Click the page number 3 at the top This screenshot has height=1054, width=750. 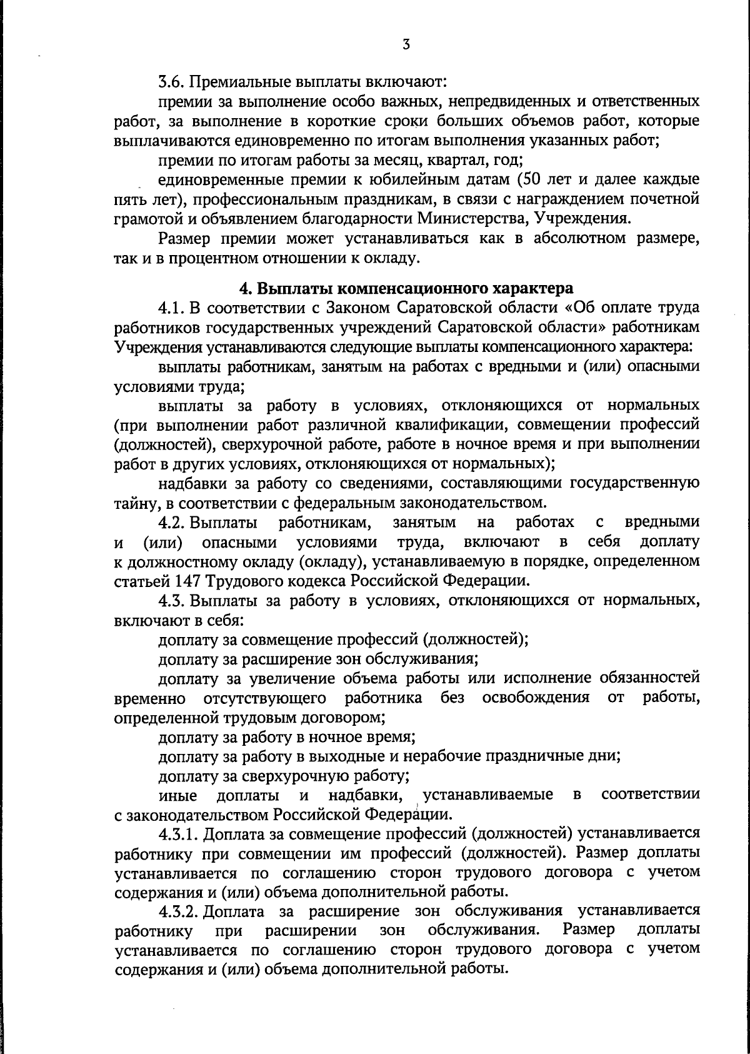406,44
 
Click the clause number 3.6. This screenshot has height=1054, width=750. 171,81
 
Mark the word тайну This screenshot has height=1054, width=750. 132,502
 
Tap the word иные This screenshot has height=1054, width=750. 178,795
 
